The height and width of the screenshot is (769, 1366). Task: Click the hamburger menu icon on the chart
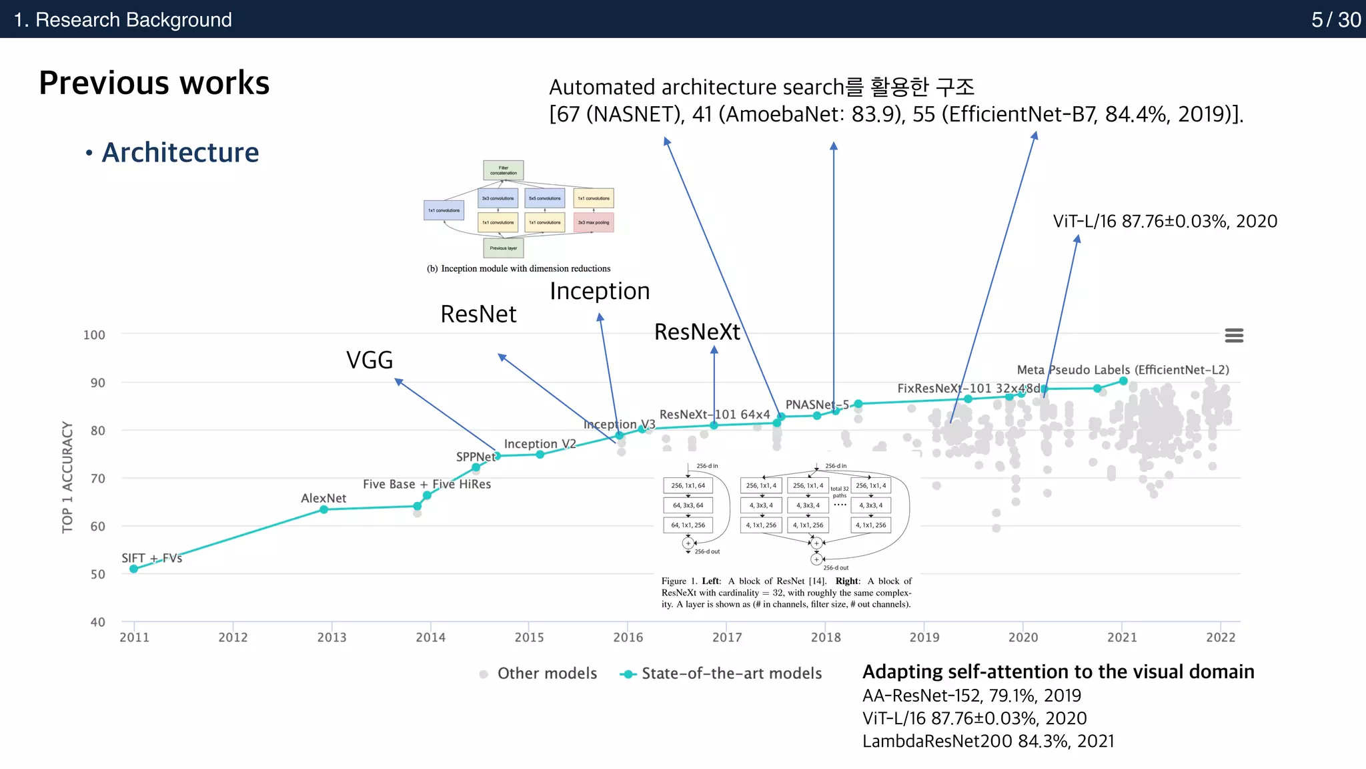[x=1234, y=335]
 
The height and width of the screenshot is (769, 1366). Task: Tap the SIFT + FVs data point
[x=134, y=569]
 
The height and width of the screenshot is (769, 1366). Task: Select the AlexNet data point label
[x=323, y=498]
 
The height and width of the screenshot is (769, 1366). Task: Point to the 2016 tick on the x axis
[x=628, y=637]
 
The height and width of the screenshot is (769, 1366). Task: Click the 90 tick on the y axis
[x=98, y=382]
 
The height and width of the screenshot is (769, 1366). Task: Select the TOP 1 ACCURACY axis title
[x=67, y=477]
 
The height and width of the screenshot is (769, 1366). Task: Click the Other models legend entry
[x=539, y=674]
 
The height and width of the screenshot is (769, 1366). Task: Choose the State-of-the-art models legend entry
[x=722, y=674]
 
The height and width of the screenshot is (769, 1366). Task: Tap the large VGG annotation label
[x=370, y=360]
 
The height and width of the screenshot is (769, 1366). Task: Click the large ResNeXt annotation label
[x=697, y=332]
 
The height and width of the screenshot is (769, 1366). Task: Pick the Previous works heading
[x=154, y=83]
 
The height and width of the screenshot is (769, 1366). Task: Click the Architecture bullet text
[x=180, y=153]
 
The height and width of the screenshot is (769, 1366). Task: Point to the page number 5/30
[x=1335, y=19]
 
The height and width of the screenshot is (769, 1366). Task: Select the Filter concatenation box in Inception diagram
[x=504, y=170]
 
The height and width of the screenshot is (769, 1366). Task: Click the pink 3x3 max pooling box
[x=594, y=222]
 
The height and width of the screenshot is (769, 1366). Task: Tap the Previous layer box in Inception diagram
[x=504, y=248]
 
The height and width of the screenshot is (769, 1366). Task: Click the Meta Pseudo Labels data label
[x=1123, y=370]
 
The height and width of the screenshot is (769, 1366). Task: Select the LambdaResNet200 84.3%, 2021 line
[x=988, y=741]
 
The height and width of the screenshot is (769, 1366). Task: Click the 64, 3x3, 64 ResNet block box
[x=688, y=505]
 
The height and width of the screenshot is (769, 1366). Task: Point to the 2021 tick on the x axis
[x=1122, y=637]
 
